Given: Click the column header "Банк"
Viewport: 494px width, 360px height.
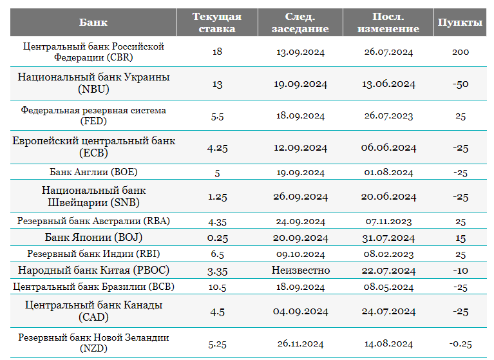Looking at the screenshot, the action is (93, 23).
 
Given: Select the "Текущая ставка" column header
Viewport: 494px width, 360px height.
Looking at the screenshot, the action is (217, 23).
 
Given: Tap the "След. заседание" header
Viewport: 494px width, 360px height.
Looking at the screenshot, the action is (300, 23).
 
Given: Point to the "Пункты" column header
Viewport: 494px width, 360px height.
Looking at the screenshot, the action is (460, 23).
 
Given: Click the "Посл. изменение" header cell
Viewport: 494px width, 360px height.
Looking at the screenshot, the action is (388, 23).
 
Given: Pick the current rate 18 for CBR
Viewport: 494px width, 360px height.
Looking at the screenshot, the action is (217, 52).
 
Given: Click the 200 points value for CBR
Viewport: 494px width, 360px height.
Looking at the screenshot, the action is (461, 52).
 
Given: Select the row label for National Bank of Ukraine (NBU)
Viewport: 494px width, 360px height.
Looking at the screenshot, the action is (93, 83).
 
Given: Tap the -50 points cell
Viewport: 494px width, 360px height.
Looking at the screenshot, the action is (461, 84).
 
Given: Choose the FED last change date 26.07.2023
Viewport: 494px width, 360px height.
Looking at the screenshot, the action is (388, 115).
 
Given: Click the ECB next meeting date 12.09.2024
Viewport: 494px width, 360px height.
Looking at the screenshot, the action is (300, 147).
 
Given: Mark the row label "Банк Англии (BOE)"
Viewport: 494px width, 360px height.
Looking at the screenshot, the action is (93, 172).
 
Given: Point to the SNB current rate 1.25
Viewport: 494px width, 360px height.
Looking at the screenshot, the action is (218, 197).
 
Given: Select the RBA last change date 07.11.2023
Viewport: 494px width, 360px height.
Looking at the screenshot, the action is (388, 222).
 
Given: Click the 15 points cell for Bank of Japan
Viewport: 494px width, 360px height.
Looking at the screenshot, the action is (461, 238).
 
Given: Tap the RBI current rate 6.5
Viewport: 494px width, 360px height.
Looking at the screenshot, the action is (218, 254).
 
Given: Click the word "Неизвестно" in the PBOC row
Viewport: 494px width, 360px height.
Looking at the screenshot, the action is (301, 270).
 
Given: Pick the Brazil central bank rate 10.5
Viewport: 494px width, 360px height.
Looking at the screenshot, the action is (218, 287).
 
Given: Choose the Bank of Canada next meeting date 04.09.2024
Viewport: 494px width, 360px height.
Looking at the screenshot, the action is (301, 311).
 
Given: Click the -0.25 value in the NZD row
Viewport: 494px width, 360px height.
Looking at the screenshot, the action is (461, 344).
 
